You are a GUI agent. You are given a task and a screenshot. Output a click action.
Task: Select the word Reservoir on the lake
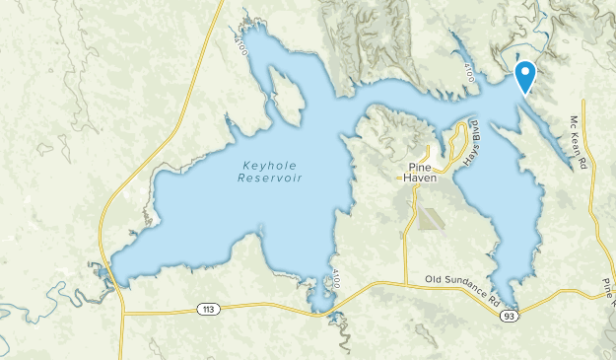tap(270, 179)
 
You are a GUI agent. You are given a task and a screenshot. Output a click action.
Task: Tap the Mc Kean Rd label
tap(579, 141)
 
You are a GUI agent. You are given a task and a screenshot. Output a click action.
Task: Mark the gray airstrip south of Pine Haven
tap(430, 218)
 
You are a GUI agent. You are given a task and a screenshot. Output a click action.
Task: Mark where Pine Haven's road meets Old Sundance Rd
tap(406, 282)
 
